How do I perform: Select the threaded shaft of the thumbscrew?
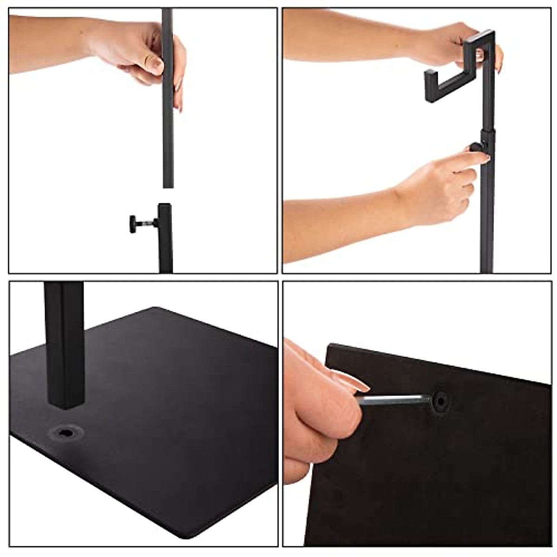[x=148, y=224]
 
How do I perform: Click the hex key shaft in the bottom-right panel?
[x=395, y=400]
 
